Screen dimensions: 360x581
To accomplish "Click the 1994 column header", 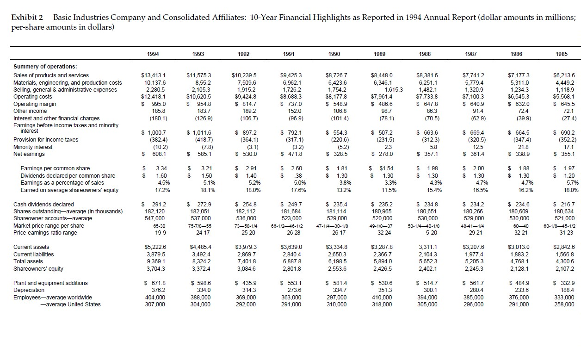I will click(153, 54).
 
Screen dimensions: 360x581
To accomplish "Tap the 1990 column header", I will click(334, 54).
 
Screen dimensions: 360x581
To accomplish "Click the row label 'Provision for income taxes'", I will click(46, 140).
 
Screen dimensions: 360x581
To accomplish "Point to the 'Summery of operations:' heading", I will click(45, 67).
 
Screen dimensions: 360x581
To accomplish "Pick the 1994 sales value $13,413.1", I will click(153, 75).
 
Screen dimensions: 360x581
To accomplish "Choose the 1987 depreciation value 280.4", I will click(473, 290).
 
